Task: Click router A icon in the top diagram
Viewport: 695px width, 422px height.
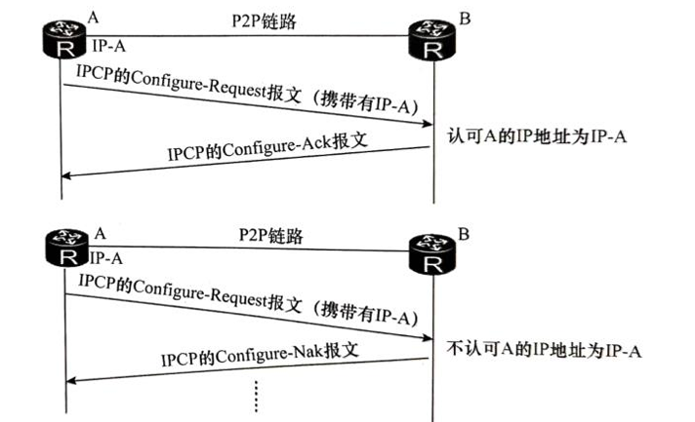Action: [x=63, y=36]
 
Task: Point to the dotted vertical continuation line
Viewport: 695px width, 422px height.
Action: [x=256, y=394]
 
